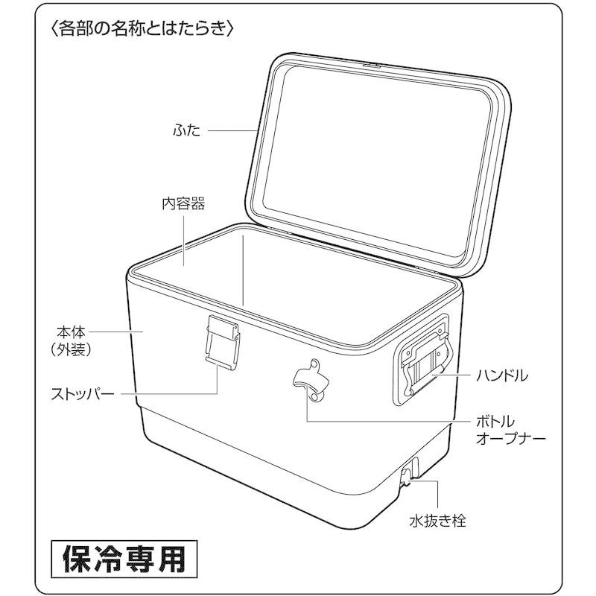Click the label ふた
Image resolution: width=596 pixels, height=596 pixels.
tap(187, 131)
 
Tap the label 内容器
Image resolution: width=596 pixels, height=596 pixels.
tap(183, 204)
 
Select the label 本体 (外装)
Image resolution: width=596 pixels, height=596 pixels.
tap(71, 341)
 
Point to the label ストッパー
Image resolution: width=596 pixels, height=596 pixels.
tap(83, 394)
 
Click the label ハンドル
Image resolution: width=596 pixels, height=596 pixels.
tap(502, 375)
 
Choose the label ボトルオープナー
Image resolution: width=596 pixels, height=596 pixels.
tap(511, 430)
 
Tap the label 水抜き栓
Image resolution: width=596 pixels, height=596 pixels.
tap(437, 521)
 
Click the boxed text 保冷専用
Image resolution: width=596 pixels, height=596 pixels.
tap(124, 559)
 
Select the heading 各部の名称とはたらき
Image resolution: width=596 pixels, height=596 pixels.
tap(142, 29)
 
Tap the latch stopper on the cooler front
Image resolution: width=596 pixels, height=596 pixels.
tap(223, 342)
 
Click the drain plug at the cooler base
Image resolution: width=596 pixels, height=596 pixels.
tap(407, 476)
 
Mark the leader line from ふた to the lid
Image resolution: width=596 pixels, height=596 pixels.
tap(232, 131)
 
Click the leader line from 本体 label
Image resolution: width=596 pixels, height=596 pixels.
tap(116, 332)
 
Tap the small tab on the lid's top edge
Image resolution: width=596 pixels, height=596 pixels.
tap(372, 65)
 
